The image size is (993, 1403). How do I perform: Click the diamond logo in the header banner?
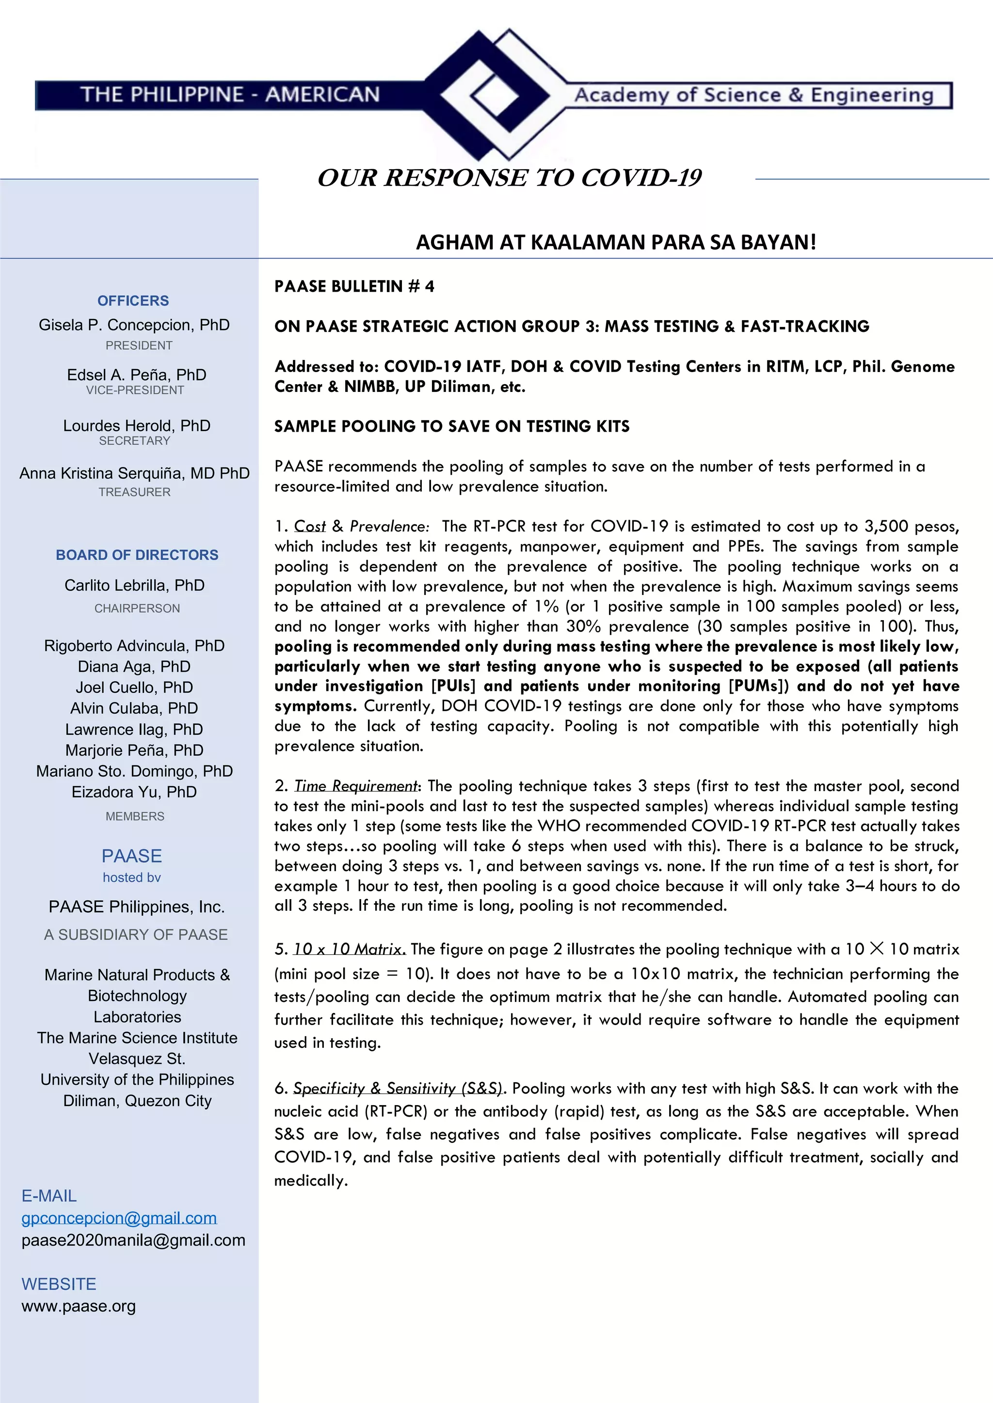tap(496, 95)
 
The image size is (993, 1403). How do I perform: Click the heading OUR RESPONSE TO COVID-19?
tap(509, 178)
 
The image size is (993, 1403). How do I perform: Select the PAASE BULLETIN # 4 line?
tap(354, 287)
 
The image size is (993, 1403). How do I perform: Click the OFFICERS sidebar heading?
tap(133, 301)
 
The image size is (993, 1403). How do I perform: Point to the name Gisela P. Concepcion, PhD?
tap(134, 325)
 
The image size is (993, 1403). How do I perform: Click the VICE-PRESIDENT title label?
tap(135, 390)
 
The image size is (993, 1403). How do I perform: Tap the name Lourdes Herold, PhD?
tap(136, 425)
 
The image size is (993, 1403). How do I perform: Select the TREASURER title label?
tap(134, 492)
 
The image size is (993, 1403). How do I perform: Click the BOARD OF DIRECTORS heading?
tap(137, 555)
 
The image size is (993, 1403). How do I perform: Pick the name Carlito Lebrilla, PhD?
tap(134, 585)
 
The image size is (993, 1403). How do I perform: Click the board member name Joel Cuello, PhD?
tap(134, 687)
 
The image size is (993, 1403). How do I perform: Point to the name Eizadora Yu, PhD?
tap(134, 792)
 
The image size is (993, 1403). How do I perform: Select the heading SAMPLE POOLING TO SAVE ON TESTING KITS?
tap(452, 426)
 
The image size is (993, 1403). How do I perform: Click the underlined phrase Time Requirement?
tap(356, 786)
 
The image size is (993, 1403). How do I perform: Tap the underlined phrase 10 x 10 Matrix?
tap(349, 949)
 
